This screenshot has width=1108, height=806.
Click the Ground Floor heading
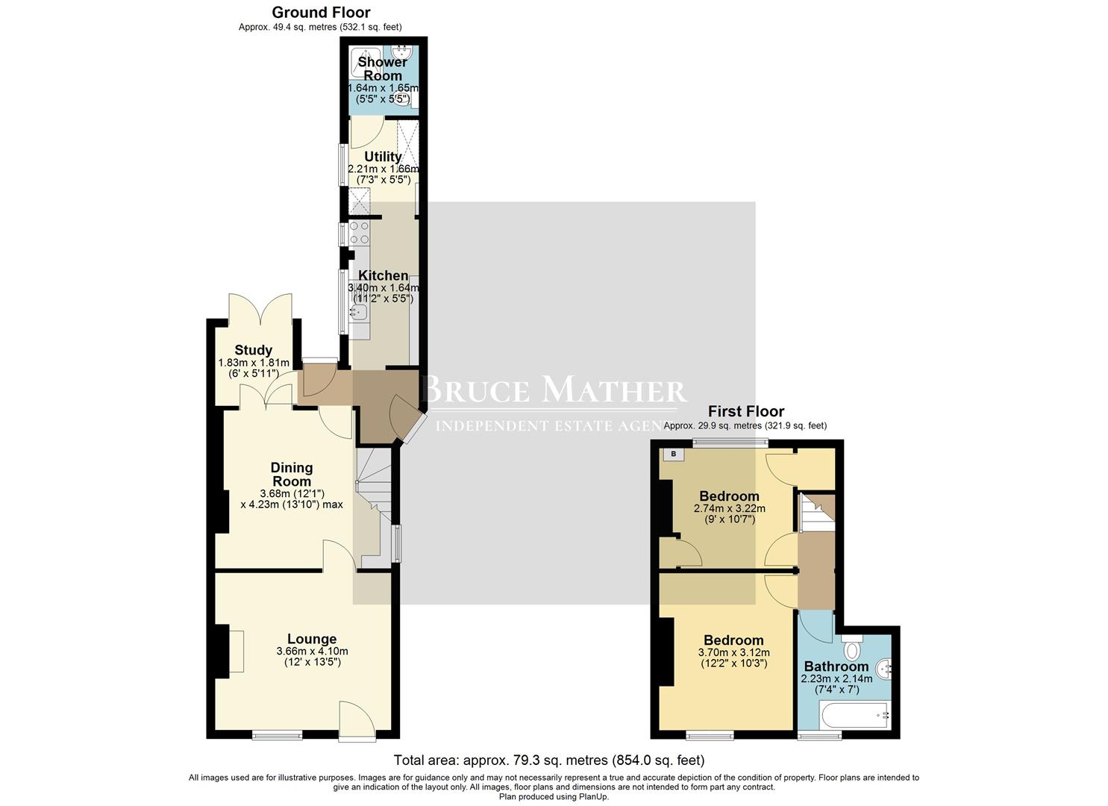[321, 13]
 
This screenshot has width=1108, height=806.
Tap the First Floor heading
[745, 411]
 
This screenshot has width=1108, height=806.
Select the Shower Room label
[382, 69]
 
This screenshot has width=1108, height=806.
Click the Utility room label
[383, 157]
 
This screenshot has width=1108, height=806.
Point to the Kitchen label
[383, 275]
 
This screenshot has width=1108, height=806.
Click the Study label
[253, 350]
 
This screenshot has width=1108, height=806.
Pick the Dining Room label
[291, 474]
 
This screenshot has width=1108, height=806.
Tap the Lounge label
[312, 639]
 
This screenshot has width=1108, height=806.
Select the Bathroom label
[836, 666]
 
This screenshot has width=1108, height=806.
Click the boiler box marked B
[673, 454]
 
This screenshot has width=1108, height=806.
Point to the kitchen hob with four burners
[359, 233]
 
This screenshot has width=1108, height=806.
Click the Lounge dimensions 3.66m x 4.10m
[312, 651]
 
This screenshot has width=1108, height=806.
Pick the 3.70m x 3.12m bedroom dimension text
[733, 652]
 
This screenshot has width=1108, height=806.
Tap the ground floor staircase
[373, 485]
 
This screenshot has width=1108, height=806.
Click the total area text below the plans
[548, 760]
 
